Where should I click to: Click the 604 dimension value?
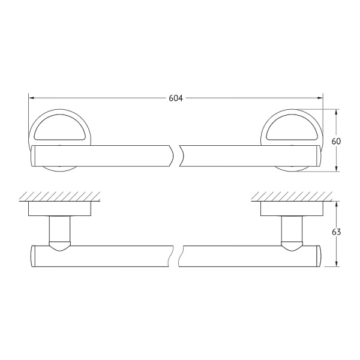176,98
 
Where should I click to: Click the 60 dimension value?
336,142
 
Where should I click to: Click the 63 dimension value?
336,232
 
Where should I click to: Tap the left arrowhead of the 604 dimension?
31,98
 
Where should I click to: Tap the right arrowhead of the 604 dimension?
320,98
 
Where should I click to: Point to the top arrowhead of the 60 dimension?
336,112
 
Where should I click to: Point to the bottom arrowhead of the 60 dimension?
336,169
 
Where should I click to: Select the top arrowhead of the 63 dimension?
336,205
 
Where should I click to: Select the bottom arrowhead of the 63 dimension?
336,263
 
